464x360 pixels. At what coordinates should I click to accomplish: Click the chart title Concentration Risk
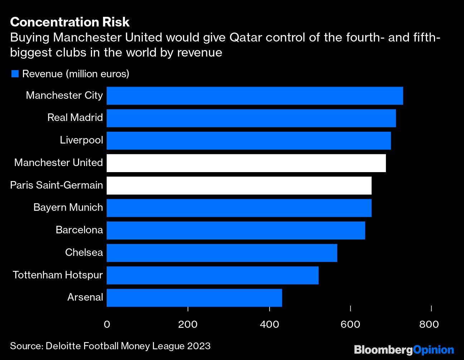70,22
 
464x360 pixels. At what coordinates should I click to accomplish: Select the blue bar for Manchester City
255,96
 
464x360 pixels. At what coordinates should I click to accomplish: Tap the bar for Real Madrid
251,118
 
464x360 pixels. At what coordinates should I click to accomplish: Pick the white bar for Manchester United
246,163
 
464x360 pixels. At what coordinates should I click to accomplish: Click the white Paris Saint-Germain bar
239,185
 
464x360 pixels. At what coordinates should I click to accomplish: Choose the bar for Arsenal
194,298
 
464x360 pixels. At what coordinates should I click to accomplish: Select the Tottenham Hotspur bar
212,275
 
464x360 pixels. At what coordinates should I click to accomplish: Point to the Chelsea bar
222,253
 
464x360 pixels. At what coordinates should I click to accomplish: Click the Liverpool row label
81,140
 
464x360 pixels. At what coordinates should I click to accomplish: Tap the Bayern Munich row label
68,208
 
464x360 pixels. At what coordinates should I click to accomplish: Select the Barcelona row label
79,230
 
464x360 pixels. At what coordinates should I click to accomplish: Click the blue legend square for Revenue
15,74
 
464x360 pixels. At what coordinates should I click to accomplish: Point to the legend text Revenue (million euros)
76,74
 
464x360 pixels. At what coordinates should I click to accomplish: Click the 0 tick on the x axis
107,324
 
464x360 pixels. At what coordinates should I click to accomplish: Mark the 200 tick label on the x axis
188,324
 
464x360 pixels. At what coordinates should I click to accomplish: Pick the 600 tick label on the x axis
350,324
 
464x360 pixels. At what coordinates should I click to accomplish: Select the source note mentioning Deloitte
110,346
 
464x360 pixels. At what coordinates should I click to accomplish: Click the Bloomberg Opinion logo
403,349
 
